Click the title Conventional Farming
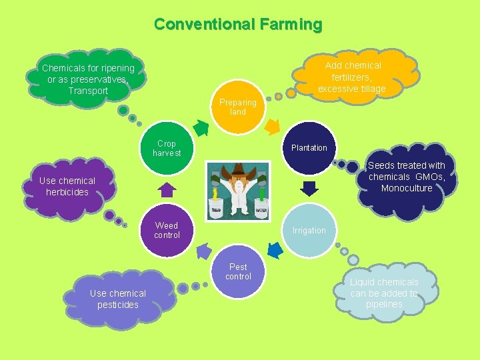(238, 25)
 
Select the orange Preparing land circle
(238, 107)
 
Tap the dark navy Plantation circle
(309, 147)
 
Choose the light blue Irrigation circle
(309, 230)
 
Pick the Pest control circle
(238, 271)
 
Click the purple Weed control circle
(167, 230)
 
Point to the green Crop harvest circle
(167, 147)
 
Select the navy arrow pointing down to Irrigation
(309, 189)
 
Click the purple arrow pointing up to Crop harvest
(167, 190)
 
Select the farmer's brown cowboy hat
(238, 173)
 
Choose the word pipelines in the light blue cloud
(385, 304)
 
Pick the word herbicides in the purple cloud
(67, 192)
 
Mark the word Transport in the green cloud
(88, 91)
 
